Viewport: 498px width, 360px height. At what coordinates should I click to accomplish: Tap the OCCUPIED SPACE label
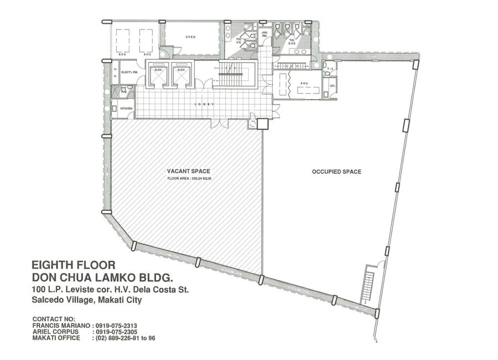coord(336,172)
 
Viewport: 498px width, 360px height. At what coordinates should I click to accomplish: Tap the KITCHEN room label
coord(127,109)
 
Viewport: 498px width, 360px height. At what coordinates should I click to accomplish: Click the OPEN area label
coord(190,37)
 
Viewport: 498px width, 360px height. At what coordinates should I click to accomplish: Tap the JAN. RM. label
coord(264,34)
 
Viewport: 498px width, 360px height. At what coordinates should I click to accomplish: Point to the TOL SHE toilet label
coord(292,40)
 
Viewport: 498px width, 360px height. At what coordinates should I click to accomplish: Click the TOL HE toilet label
coord(239,40)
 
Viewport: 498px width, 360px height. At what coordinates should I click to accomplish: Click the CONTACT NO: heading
coord(54,320)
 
